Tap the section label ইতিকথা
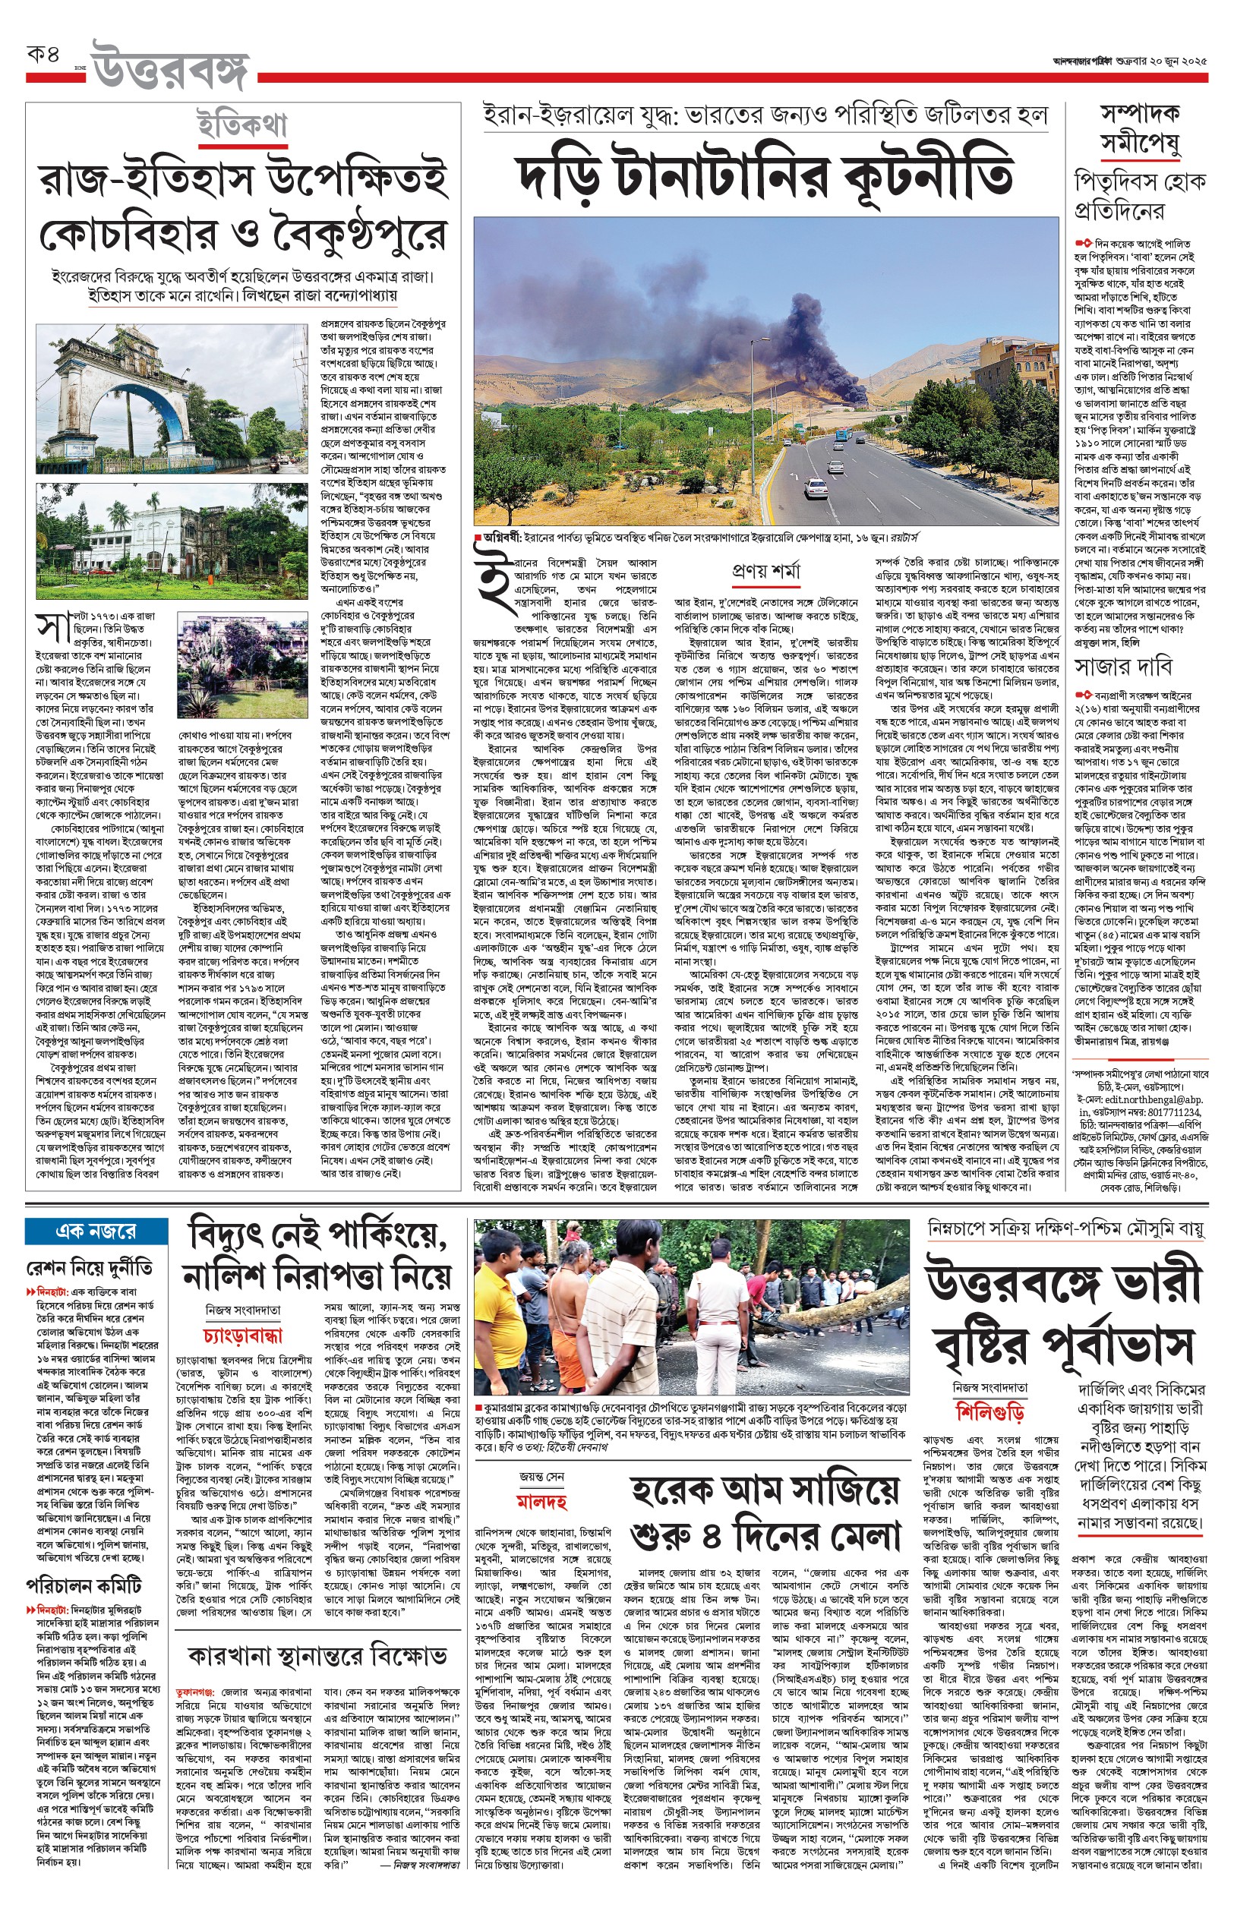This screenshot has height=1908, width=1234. click(242, 127)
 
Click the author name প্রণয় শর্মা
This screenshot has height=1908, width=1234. click(766, 572)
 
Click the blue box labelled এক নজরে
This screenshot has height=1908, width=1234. click(96, 1230)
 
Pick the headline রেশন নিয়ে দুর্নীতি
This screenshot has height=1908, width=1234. click(89, 1268)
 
